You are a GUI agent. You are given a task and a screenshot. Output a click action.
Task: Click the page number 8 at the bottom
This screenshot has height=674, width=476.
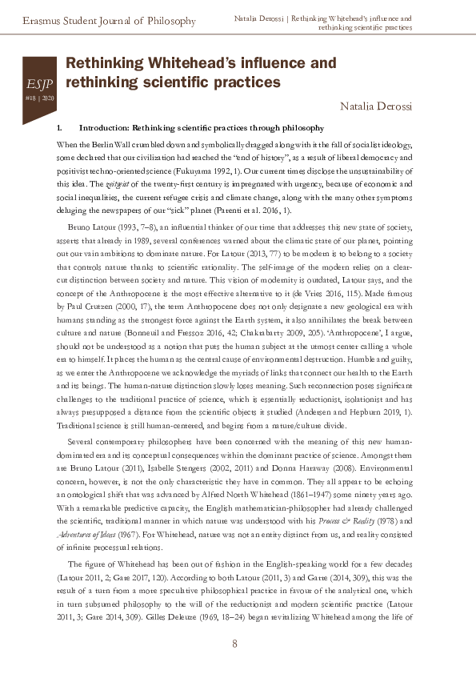pos(235,644)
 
